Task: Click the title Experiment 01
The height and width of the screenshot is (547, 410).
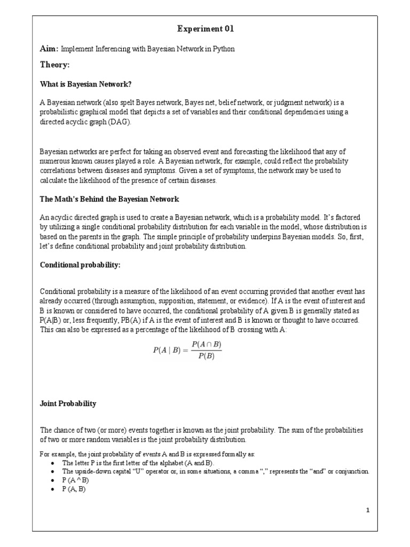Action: tap(205, 29)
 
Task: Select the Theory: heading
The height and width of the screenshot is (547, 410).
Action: tap(55, 65)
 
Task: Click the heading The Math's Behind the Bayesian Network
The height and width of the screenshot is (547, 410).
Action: tap(109, 199)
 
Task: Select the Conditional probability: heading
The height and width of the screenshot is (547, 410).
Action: tap(80, 265)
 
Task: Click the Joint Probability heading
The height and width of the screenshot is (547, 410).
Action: tap(68, 403)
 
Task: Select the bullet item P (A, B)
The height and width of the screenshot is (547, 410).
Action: tap(74, 488)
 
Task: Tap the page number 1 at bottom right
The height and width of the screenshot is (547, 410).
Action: tap(368, 510)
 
